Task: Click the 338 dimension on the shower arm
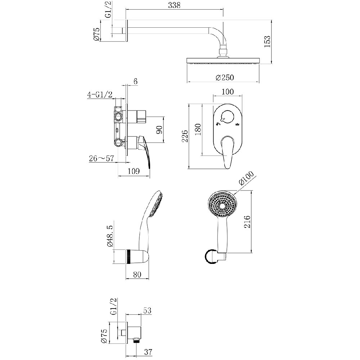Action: click(174, 5)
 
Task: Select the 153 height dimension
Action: click(267, 41)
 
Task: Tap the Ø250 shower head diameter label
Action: click(225, 77)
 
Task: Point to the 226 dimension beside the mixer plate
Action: click(185, 136)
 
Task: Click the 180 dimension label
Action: click(198, 129)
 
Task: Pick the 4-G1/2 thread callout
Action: click(100, 94)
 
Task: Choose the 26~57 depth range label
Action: click(101, 158)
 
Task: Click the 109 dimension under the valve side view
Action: click(134, 171)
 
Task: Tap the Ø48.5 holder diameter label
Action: click(110, 236)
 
